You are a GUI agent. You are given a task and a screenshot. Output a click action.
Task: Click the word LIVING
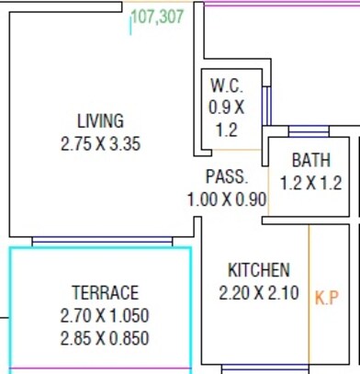point(100,121)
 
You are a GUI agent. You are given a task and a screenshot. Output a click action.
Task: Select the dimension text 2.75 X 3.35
point(100,143)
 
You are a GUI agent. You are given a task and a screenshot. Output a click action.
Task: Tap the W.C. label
point(226,85)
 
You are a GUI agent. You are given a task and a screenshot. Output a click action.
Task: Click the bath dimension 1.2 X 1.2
point(311,183)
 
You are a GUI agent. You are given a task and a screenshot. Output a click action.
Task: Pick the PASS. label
point(226,176)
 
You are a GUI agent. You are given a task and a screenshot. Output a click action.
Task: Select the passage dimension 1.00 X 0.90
point(226,198)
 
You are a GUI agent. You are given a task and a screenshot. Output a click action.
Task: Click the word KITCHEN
point(258,270)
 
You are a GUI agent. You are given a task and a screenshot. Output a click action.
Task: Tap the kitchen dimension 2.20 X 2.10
point(258,293)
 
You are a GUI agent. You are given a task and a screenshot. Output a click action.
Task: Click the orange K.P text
point(328,299)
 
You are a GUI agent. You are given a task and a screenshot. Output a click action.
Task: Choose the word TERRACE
point(105,293)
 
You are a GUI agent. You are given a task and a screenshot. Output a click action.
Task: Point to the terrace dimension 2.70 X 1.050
point(105,316)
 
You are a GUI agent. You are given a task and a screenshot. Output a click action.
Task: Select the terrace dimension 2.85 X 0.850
point(105,339)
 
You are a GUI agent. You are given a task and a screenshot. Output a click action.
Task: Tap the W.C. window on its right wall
point(266,108)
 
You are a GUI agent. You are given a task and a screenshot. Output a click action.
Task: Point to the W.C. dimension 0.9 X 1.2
point(226,118)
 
